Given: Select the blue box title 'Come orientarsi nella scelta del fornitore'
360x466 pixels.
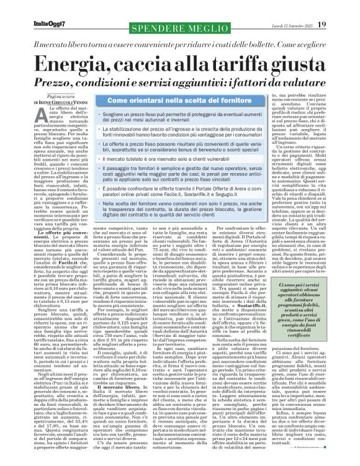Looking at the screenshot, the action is (x=171, y=99).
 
